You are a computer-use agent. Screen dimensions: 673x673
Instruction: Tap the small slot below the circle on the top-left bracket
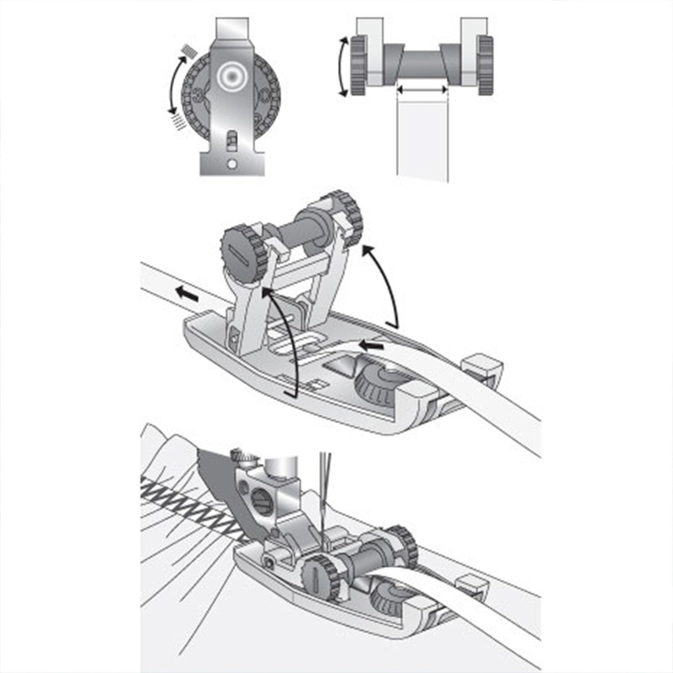(x=229, y=136)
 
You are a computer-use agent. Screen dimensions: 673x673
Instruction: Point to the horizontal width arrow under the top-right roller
(x=422, y=88)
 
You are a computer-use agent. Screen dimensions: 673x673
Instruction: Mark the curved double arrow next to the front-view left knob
(x=343, y=66)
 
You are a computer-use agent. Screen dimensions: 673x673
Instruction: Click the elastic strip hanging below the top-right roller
(x=422, y=139)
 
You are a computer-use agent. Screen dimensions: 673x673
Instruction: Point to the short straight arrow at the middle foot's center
(x=371, y=343)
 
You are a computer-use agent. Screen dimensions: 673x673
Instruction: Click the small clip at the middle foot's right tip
(x=483, y=366)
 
